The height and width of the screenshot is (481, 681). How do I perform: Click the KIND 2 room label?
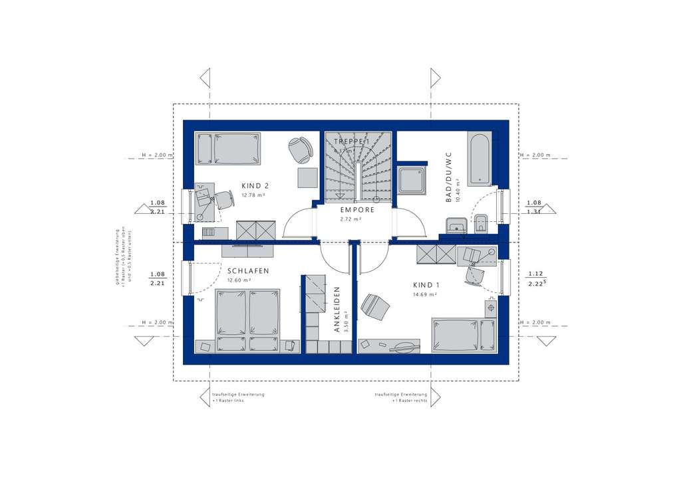255,186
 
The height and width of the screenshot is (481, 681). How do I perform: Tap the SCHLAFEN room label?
247,271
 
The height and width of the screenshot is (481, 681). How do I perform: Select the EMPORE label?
357,210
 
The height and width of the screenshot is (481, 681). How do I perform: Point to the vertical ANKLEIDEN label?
337,309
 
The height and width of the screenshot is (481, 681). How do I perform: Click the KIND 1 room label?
426,284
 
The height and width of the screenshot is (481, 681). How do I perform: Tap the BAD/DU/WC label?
449,177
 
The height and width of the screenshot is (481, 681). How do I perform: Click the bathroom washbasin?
456,225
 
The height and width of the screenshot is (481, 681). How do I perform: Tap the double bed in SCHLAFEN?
247,320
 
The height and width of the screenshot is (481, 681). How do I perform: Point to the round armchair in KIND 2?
302,149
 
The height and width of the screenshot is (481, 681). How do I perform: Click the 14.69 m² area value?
426,294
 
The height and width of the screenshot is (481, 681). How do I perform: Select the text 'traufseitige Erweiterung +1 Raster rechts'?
401,398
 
